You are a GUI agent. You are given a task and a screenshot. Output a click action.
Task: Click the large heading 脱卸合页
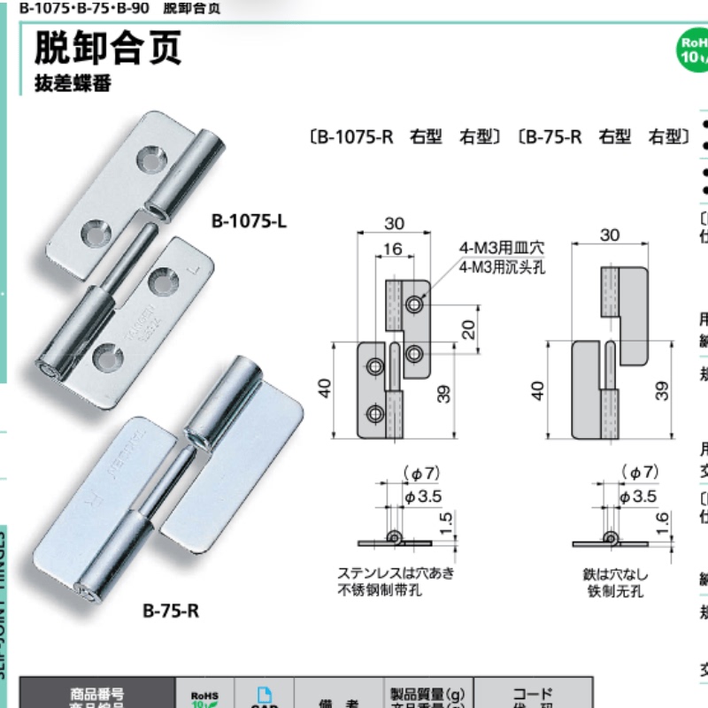[x=108, y=48]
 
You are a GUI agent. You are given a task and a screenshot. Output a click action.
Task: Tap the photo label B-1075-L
[x=249, y=221]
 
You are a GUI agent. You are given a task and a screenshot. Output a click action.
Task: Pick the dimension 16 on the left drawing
[x=393, y=250]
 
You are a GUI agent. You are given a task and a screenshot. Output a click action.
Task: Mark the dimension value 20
[x=469, y=329]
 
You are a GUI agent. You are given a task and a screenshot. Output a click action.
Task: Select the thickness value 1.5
[x=449, y=522]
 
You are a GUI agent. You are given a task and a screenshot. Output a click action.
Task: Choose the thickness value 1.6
[x=663, y=522]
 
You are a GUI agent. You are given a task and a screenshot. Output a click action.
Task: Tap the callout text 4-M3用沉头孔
[x=503, y=265]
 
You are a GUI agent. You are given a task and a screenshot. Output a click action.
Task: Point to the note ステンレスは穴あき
[x=395, y=573]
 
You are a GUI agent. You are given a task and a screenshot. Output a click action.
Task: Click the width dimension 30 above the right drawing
[x=610, y=235]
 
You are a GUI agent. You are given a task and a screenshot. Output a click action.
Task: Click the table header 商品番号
[x=97, y=693]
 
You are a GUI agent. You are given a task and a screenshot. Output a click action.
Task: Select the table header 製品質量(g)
[x=427, y=693]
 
